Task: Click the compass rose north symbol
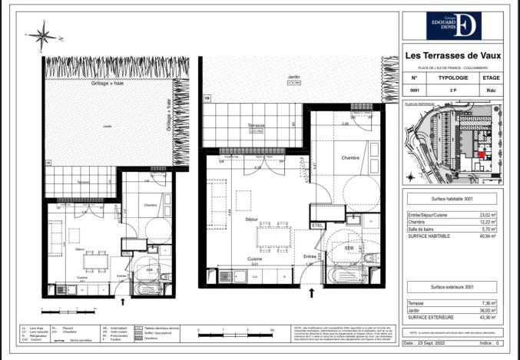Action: (x=43, y=35)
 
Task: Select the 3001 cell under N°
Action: (x=415, y=91)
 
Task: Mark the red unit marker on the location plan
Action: (x=482, y=154)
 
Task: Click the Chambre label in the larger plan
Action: (x=350, y=157)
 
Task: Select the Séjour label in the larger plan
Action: (x=250, y=197)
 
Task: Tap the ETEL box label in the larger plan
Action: (x=317, y=225)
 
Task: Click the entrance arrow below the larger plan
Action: (x=311, y=292)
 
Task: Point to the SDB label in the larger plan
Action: (x=349, y=248)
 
